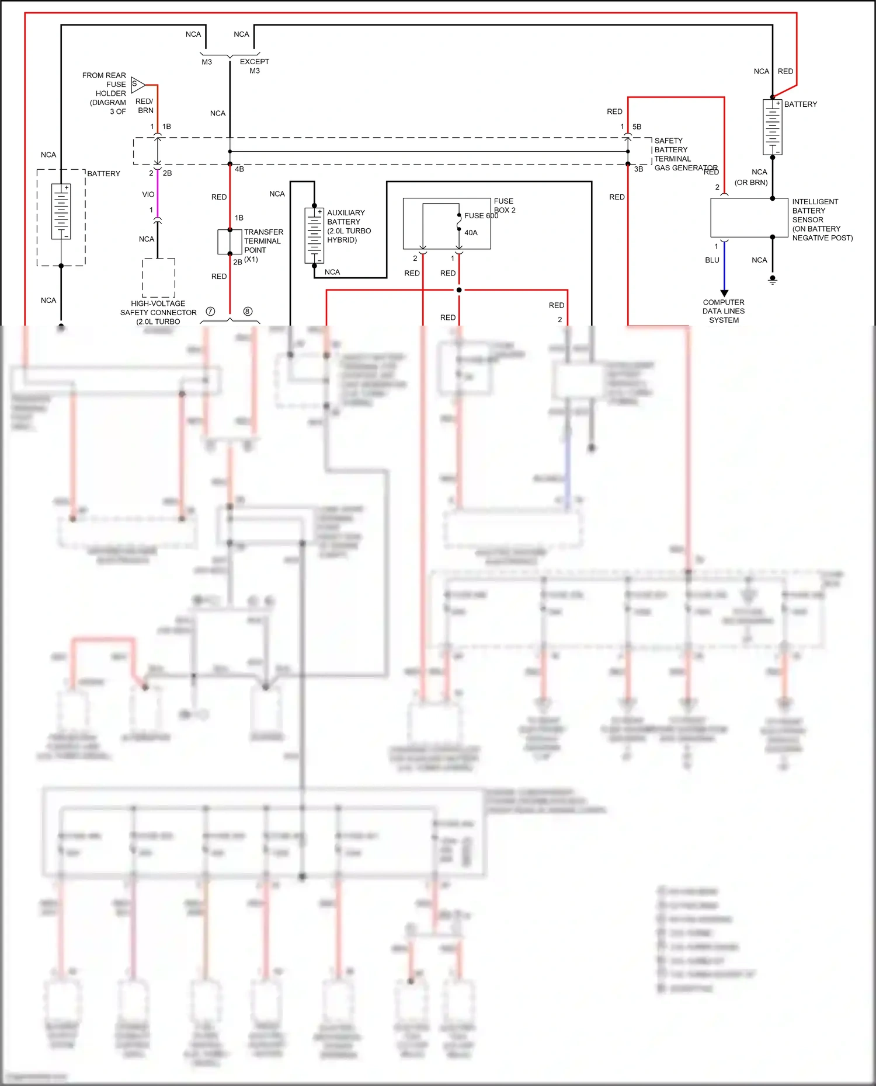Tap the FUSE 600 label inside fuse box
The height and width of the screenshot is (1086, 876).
click(x=481, y=216)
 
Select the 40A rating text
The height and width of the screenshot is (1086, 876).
click(x=471, y=233)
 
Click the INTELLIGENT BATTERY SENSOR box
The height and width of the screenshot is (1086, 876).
click(x=749, y=218)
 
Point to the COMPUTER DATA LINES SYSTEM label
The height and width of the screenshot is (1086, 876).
click(x=724, y=311)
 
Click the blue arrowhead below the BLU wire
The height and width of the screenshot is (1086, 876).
click(x=724, y=293)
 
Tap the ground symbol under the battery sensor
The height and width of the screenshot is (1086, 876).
click(x=773, y=281)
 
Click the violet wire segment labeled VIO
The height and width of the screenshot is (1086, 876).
click(x=157, y=194)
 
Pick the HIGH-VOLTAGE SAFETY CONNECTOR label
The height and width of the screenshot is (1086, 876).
click(x=158, y=312)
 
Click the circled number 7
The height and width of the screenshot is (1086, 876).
click(x=211, y=312)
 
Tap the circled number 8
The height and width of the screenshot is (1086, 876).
click(x=248, y=312)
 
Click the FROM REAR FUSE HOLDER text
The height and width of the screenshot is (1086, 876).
click(x=105, y=93)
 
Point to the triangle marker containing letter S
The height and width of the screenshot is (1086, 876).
click(x=137, y=84)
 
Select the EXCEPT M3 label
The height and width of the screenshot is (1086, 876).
click(x=255, y=66)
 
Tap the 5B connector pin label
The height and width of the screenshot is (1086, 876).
click(x=637, y=127)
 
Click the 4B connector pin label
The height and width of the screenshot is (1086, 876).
click(x=239, y=169)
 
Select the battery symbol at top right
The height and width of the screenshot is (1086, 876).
click(x=772, y=127)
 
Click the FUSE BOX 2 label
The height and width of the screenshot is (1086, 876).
click(x=504, y=205)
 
